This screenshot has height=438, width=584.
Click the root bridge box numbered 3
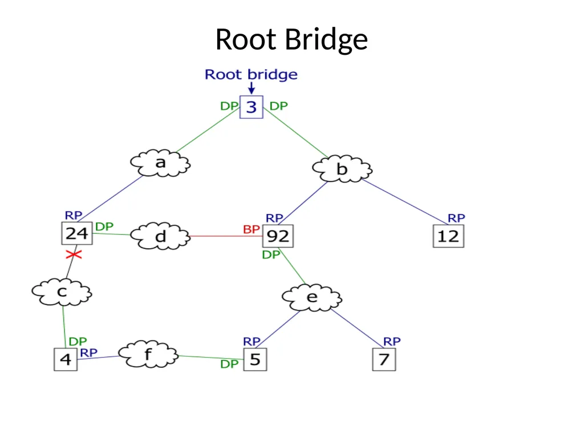click(252, 107)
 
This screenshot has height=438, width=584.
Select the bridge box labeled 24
click(77, 233)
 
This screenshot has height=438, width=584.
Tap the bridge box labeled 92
click(278, 236)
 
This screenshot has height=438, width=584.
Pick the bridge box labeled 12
click(448, 236)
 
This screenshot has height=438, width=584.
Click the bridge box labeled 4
click(66, 359)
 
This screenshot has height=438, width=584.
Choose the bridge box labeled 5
click(255, 359)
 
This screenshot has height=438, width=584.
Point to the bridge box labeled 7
click(384, 359)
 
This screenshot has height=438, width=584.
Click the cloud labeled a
click(160, 163)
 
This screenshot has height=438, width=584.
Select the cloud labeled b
click(342, 169)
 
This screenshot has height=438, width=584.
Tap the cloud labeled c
click(62, 292)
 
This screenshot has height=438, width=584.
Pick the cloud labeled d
click(160, 236)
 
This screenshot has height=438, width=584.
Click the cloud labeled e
click(312, 297)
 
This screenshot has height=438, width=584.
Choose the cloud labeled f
click(148, 354)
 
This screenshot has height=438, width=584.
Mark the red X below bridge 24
click(74, 255)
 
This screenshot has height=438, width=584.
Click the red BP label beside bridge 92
click(252, 229)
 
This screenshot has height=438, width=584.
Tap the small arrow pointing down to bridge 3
click(252, 88)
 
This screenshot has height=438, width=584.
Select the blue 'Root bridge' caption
click(251, 75)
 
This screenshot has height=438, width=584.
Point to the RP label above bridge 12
click(456, 218)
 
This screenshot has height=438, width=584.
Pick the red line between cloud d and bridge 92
click(226, 236)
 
